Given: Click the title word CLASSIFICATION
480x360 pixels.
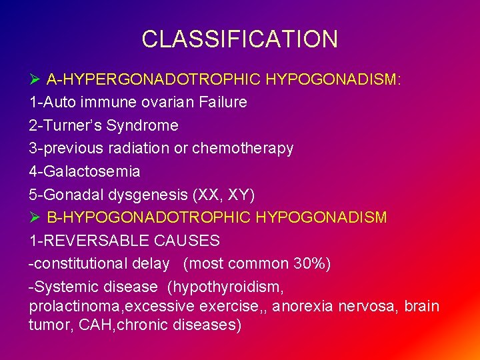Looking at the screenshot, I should click(x=239, y=39).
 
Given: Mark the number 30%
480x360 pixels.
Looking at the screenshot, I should click(x=311, y=263).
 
